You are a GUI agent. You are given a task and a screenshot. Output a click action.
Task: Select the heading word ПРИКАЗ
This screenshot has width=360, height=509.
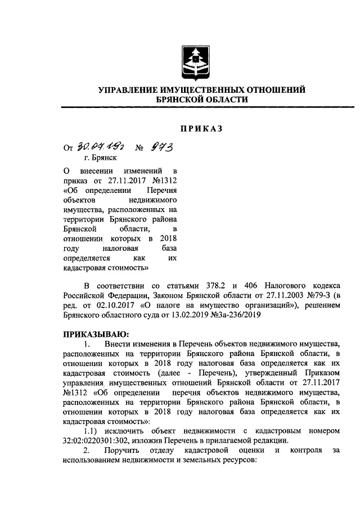click(x=201, y=129)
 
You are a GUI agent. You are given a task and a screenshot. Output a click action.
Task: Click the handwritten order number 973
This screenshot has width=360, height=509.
click(x=160, y=147)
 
